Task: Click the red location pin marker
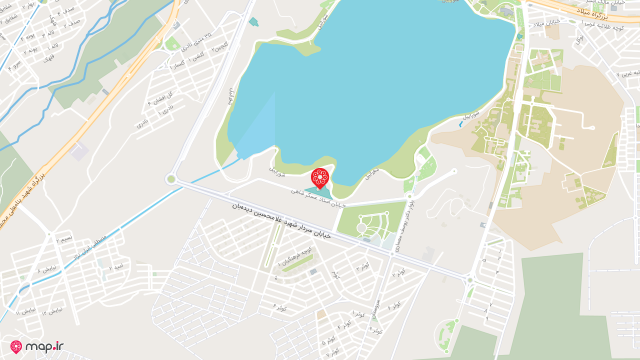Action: (319, 178)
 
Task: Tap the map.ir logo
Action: (37, 347)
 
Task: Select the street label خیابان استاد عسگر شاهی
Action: (318, 197)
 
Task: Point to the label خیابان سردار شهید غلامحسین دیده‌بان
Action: (281, 220)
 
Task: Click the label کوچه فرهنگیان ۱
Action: (295, 256)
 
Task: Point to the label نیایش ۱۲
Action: (52, 311)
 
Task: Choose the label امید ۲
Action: (117, 267)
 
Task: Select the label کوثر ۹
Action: (376, 329)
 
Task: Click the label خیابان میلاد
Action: (545, 23)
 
